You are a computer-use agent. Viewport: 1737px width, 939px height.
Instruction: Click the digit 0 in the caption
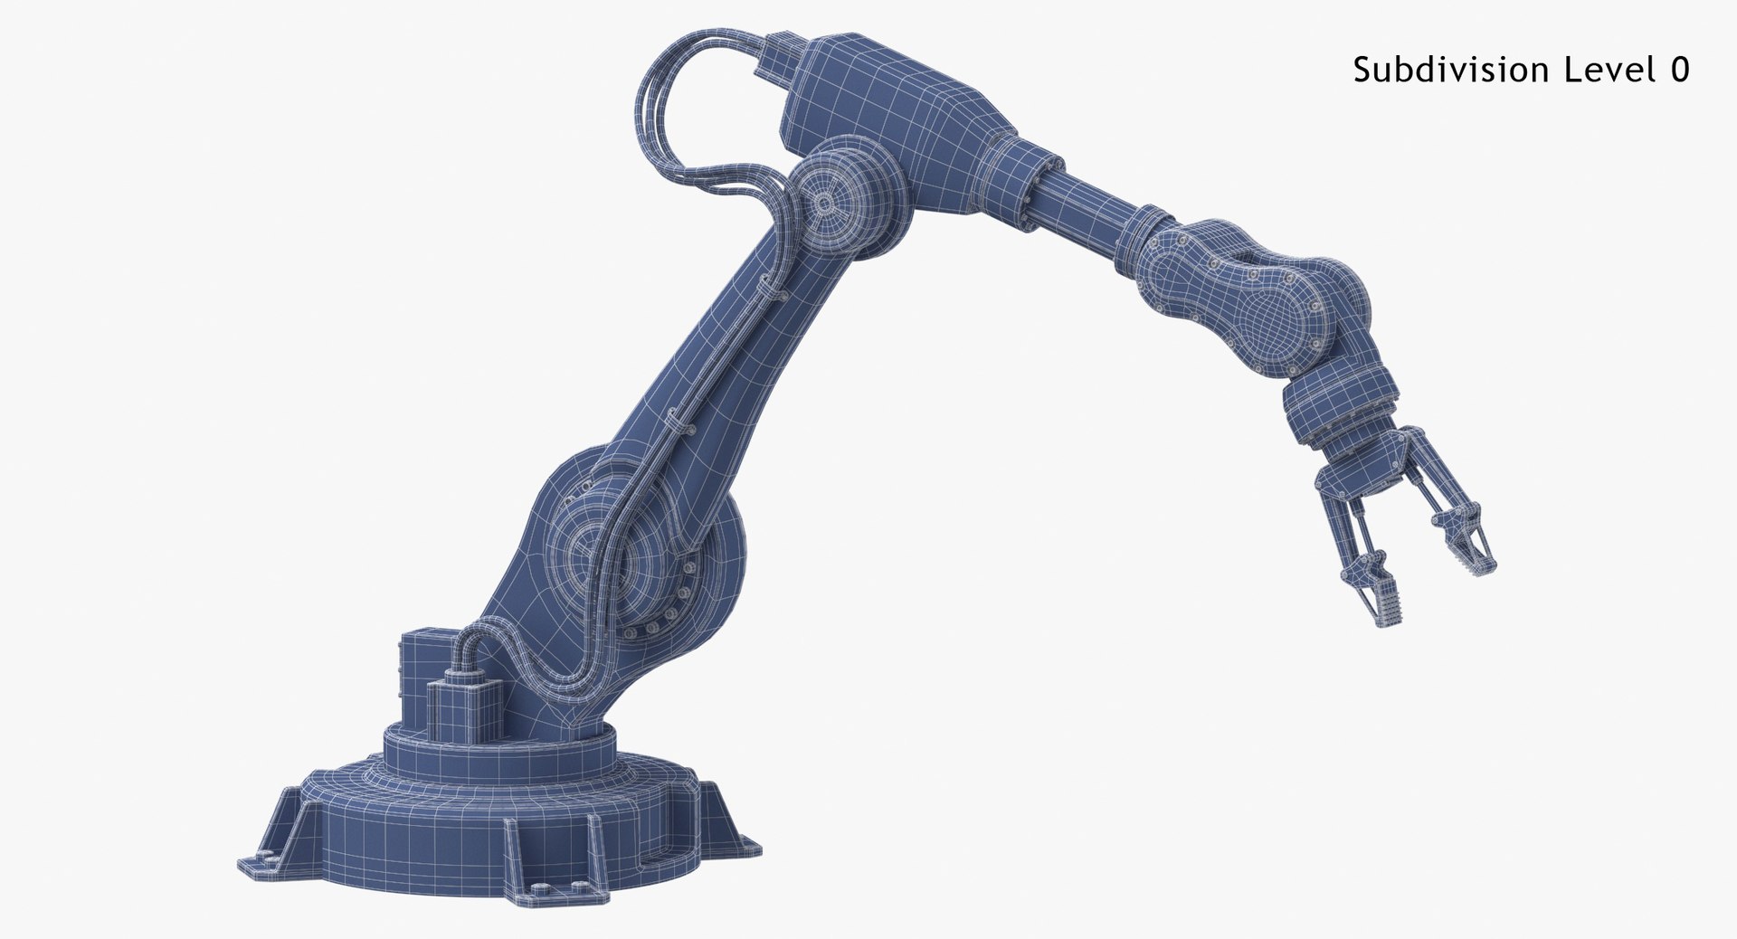coord(1679,70)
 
